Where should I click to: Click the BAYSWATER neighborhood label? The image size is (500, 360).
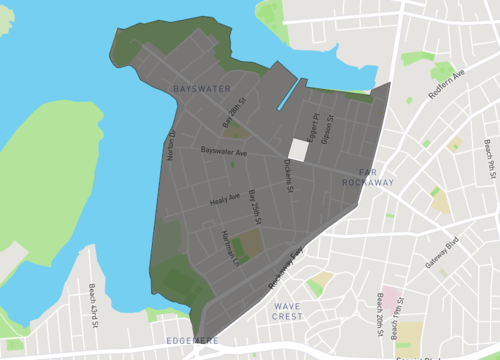(202, 90)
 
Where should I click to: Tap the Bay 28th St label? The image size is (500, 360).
(233, 117)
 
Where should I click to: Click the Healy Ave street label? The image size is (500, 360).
(225, 200)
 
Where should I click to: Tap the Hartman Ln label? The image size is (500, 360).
(229, 246)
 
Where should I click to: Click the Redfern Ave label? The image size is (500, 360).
(446, 87)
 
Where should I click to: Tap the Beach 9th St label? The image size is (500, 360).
(491, 155)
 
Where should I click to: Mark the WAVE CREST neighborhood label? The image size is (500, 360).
(287, 310)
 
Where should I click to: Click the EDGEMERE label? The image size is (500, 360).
(192, 341)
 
